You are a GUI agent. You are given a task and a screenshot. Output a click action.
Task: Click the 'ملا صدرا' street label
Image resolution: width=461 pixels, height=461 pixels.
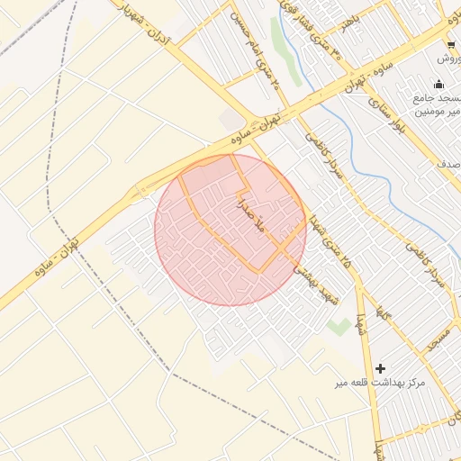(x=249, y=217)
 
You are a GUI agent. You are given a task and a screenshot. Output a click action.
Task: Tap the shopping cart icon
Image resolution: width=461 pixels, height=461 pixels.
(x=451, y=43)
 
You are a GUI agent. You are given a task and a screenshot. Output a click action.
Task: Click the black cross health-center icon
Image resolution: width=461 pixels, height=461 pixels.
(x=381, y=367)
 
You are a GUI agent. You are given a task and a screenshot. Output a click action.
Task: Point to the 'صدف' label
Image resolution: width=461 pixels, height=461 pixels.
(x=449, y=164)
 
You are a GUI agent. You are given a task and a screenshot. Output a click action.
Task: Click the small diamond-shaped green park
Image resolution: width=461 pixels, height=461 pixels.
(x=339, y=326)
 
